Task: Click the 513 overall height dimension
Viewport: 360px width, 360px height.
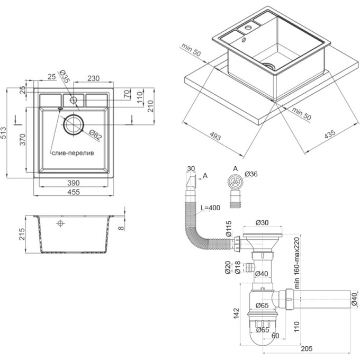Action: pyautogui.click(x=4, y=133)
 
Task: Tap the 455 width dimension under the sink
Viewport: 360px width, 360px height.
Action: pyautogui.click(x=74, y=192)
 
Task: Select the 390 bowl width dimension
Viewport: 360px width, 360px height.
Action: pyautogui.click(x=74, y=183)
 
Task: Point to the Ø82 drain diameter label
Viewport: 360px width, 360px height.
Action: pyautogui.click(x=95, y=135)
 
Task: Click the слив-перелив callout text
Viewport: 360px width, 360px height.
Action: pyautogui.click(x=73, y=152)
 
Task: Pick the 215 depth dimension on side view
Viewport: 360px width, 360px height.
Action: pyautogui.click(x=22, y=234)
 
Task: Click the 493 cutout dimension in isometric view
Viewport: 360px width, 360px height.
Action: pyautogui.click(x=215, y=137)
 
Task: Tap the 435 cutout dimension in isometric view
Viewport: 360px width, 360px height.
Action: pyautogui.click(x=330, y=134)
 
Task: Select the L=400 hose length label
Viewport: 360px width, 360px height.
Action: pyautogui.click(x=210, y=208)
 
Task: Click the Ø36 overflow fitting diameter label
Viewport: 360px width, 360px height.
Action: pyautogui.click(x=251, y=174)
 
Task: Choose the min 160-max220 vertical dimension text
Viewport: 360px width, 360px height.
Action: pyautogui.click(x=297, y=263)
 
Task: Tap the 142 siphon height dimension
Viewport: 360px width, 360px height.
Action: pyautogui.click(x=236, y=313)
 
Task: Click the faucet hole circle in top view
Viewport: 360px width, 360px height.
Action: pyautogui.click(x=74, y=100)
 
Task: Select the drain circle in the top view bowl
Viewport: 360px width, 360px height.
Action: pyautogui.click(x=74, y=124)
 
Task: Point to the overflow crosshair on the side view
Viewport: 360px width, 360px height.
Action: pyautogui.click(x=60, y=223)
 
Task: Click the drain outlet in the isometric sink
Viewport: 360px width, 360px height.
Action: pyautogui.click(x=269, y=66)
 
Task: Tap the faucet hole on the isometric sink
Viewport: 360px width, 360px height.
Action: pyautogui.click(x=248, y=28)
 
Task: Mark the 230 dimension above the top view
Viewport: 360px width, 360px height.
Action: pyautogui.click(x=94, y=78)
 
